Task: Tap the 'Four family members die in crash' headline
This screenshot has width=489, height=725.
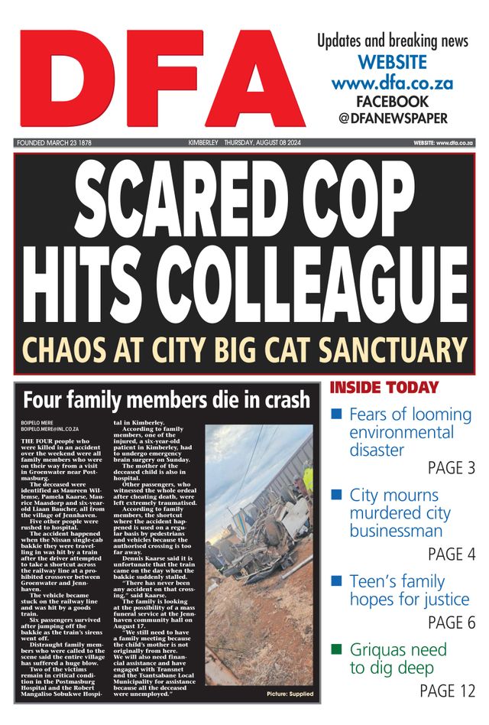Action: (166, 399)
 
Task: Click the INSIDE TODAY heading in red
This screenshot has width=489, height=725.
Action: (384, 388)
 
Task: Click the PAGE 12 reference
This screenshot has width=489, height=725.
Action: (447, 691)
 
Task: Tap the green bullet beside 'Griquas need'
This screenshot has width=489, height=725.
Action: (335, 650)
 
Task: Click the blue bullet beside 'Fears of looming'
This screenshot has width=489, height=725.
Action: (335, 415)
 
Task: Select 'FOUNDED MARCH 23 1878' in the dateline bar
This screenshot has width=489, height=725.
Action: (54, 143)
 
